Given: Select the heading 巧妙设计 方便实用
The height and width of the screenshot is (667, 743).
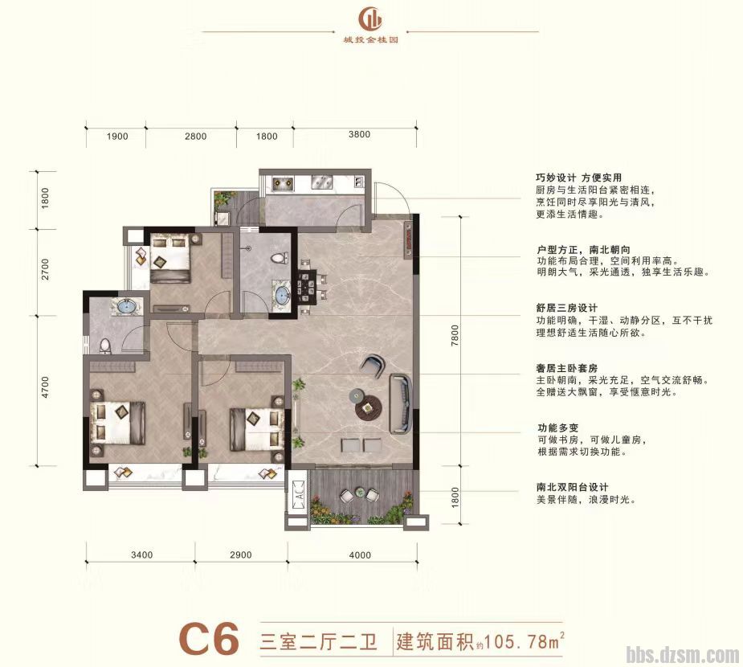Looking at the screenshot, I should coord(578,178).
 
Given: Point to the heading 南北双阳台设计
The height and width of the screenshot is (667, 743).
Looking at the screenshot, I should coord(572,487).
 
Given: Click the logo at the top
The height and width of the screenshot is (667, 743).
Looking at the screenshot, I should coord(370,17).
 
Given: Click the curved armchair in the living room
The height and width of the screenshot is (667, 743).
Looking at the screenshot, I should coord(374,366).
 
